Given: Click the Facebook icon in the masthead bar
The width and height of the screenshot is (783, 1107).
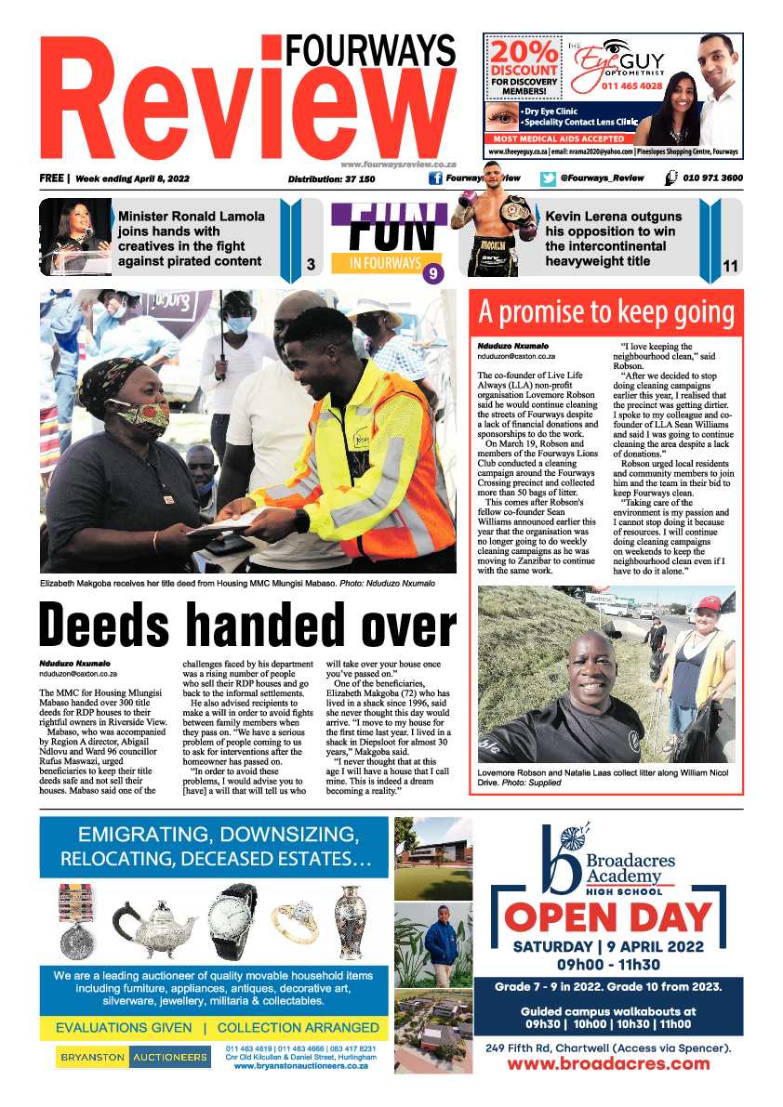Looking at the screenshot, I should click(434, 178).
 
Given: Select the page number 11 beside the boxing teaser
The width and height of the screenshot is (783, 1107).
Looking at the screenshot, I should click(730, 267).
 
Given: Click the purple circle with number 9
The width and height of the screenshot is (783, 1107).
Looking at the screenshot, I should click(432, 273).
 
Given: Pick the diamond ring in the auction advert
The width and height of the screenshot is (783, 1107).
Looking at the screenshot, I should click(294, 924).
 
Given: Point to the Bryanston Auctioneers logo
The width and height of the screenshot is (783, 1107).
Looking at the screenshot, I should click(133, 1057).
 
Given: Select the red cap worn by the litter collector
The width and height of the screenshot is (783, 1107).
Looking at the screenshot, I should click(709, 604).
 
